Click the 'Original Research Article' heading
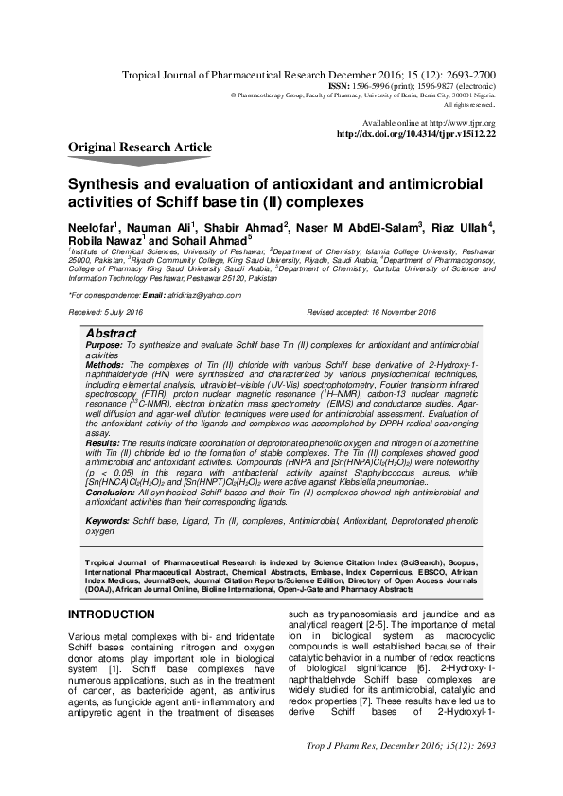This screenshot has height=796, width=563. click(139, 147)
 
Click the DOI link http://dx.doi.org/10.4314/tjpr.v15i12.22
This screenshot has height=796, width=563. click(415, 134)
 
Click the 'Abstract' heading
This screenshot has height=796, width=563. click(111, 334)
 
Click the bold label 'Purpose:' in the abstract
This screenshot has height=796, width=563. click(104, 347)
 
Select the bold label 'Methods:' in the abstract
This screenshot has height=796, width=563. click(105, 363)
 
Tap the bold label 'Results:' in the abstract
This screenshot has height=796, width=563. click(103, 442)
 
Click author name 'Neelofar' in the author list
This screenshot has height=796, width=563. click(90, 228)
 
